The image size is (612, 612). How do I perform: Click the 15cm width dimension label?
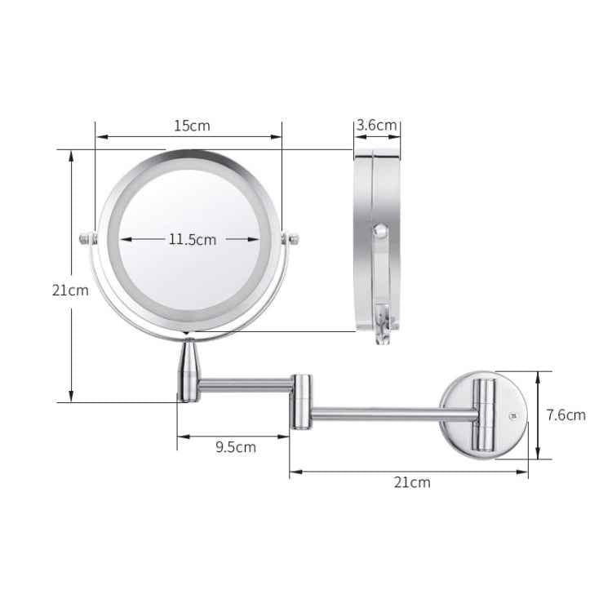[x=192, y=125]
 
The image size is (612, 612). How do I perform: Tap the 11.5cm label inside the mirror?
[x=193, y=239]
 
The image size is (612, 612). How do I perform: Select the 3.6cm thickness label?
[x=377, y=125]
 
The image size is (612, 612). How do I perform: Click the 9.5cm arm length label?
[x=235, y=446]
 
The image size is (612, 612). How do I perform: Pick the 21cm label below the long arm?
[x=411, y=481]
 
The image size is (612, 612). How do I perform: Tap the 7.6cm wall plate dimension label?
[x=565, y=415]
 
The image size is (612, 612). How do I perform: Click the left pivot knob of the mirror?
[x=84, y=239]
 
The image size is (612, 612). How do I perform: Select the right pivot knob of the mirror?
[x=291, y=238]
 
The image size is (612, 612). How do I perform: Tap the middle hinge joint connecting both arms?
[x=302, y=401]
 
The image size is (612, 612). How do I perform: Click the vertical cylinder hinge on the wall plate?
[x=486, y=415]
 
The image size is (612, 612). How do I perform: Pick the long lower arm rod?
[x=392, y=415]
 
